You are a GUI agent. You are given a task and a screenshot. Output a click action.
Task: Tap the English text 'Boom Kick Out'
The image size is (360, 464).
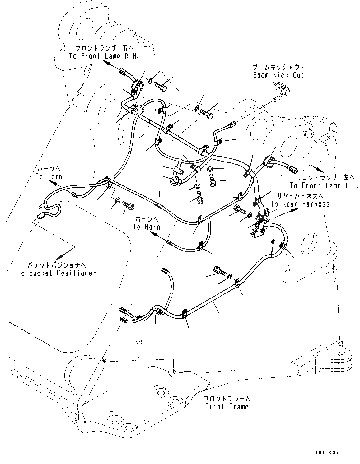(278, 75)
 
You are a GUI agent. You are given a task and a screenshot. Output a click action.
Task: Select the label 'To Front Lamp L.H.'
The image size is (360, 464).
(324, 186)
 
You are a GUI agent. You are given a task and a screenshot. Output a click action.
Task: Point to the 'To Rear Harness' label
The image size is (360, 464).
(300, 204)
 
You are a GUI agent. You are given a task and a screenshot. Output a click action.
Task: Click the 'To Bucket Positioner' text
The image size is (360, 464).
(56, 273)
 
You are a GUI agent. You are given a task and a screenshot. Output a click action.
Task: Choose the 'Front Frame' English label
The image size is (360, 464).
(227, 406)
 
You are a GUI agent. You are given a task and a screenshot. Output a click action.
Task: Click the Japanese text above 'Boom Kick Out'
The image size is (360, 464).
(278, 67)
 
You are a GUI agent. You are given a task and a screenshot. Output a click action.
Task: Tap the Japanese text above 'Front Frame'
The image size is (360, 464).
(227, 399)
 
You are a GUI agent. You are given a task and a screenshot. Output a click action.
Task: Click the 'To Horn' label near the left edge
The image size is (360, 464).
(49, 176)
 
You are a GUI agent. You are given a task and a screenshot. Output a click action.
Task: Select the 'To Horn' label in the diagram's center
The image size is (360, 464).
(147, 227)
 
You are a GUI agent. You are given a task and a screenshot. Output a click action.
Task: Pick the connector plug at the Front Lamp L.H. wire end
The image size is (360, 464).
(294, 170)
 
